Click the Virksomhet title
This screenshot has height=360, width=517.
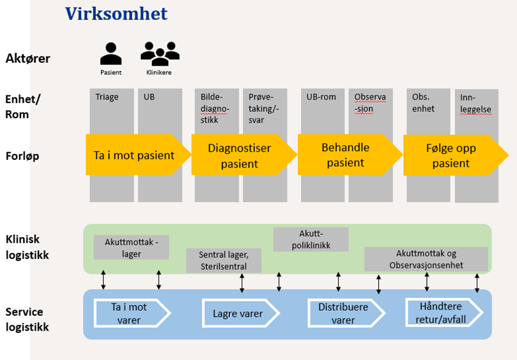[116, 13]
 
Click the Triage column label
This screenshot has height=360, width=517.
[106, 98]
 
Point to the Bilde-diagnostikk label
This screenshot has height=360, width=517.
[212, 108]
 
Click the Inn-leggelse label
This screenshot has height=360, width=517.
[475, 104]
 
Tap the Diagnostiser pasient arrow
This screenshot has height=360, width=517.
[240, 156]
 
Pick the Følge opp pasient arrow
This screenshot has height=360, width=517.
[451, 156]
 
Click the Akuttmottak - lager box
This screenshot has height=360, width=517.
[132, 247]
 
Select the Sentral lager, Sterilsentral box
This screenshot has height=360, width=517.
[223, 260]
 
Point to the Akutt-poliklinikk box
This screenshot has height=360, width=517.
[311, 239]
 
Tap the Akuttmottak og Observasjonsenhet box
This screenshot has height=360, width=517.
[426, 259]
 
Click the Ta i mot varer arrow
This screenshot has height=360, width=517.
[130, 313]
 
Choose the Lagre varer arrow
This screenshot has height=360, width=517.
[238, 313]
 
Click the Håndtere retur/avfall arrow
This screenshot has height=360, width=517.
[446, 313]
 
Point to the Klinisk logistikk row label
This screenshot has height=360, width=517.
[27, 247]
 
